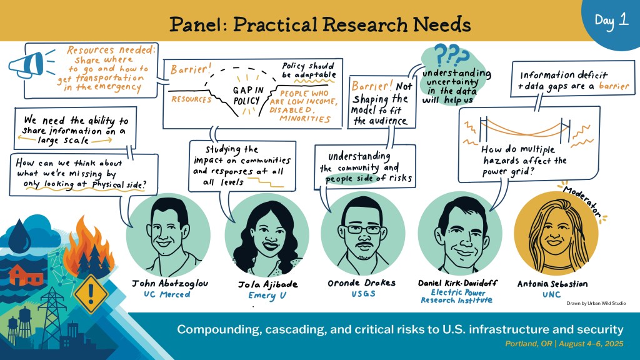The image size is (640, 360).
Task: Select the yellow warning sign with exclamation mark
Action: point(91,292)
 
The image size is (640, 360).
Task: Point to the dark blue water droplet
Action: point(19,234)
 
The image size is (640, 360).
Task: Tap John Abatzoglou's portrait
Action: point(168,236)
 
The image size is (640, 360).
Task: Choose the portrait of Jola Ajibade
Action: point(267,236)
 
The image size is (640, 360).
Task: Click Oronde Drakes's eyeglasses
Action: point(363,229)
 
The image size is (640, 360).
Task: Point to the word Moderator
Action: point(582,201)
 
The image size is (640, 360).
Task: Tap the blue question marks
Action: point(451,56)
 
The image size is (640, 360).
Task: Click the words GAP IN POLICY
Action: point(247,95)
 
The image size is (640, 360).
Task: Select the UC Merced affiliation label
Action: point(166,294)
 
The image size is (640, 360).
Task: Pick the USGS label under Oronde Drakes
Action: point(363,294)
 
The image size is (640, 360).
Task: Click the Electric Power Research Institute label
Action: point(457,296)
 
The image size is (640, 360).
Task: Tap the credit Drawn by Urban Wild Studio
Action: point(596,303)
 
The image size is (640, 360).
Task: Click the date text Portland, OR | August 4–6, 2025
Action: point(564,344)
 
